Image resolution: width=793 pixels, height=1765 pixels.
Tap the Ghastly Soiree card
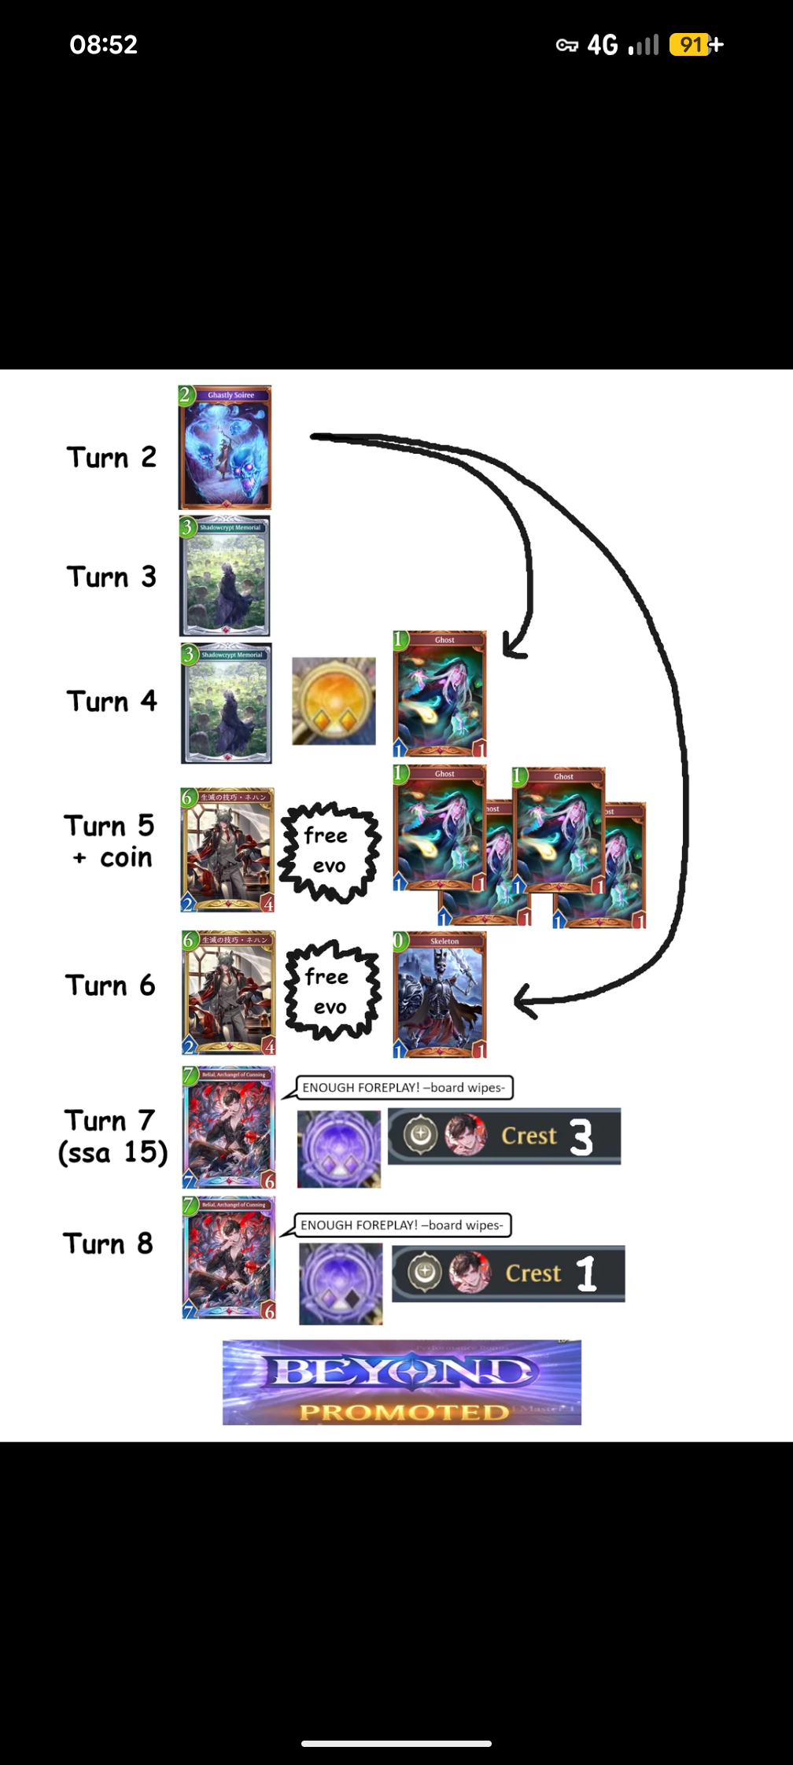pos(225,447)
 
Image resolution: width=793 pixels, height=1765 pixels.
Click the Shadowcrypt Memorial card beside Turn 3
pos(225,576)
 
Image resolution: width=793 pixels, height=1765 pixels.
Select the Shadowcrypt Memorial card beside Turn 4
pos(227,703)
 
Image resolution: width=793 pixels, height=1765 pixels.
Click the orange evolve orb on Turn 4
pos(334,701)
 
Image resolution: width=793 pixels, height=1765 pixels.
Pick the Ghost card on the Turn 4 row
pos(440,694)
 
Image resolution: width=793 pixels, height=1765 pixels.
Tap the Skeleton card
pos(440,994)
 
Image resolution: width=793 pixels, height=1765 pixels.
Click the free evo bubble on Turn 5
pos(329,851)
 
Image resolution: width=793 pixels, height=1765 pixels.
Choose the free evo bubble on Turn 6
pos(330,991)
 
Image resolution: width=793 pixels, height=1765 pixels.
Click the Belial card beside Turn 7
pos(229,1127)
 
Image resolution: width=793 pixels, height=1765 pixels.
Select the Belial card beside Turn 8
pos(229,1257)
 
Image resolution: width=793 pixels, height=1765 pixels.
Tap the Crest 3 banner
pos(504,1136)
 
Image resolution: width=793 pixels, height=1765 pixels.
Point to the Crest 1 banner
pos(508,1273)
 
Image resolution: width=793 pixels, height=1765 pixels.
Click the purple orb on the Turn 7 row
pos(339,1148)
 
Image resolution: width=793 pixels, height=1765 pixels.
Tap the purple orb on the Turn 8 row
pos(341,1284)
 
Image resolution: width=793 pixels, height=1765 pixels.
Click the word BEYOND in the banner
pos(402,1372)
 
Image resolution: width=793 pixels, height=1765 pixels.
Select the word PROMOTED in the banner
pos(404,1412)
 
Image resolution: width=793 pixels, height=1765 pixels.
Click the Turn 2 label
pos(112,458)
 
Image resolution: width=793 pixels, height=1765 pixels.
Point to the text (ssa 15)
pos(112,1153)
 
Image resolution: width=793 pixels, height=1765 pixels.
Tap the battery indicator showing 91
pos(690,45)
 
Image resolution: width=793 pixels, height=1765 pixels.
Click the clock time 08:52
pos(103,45)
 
